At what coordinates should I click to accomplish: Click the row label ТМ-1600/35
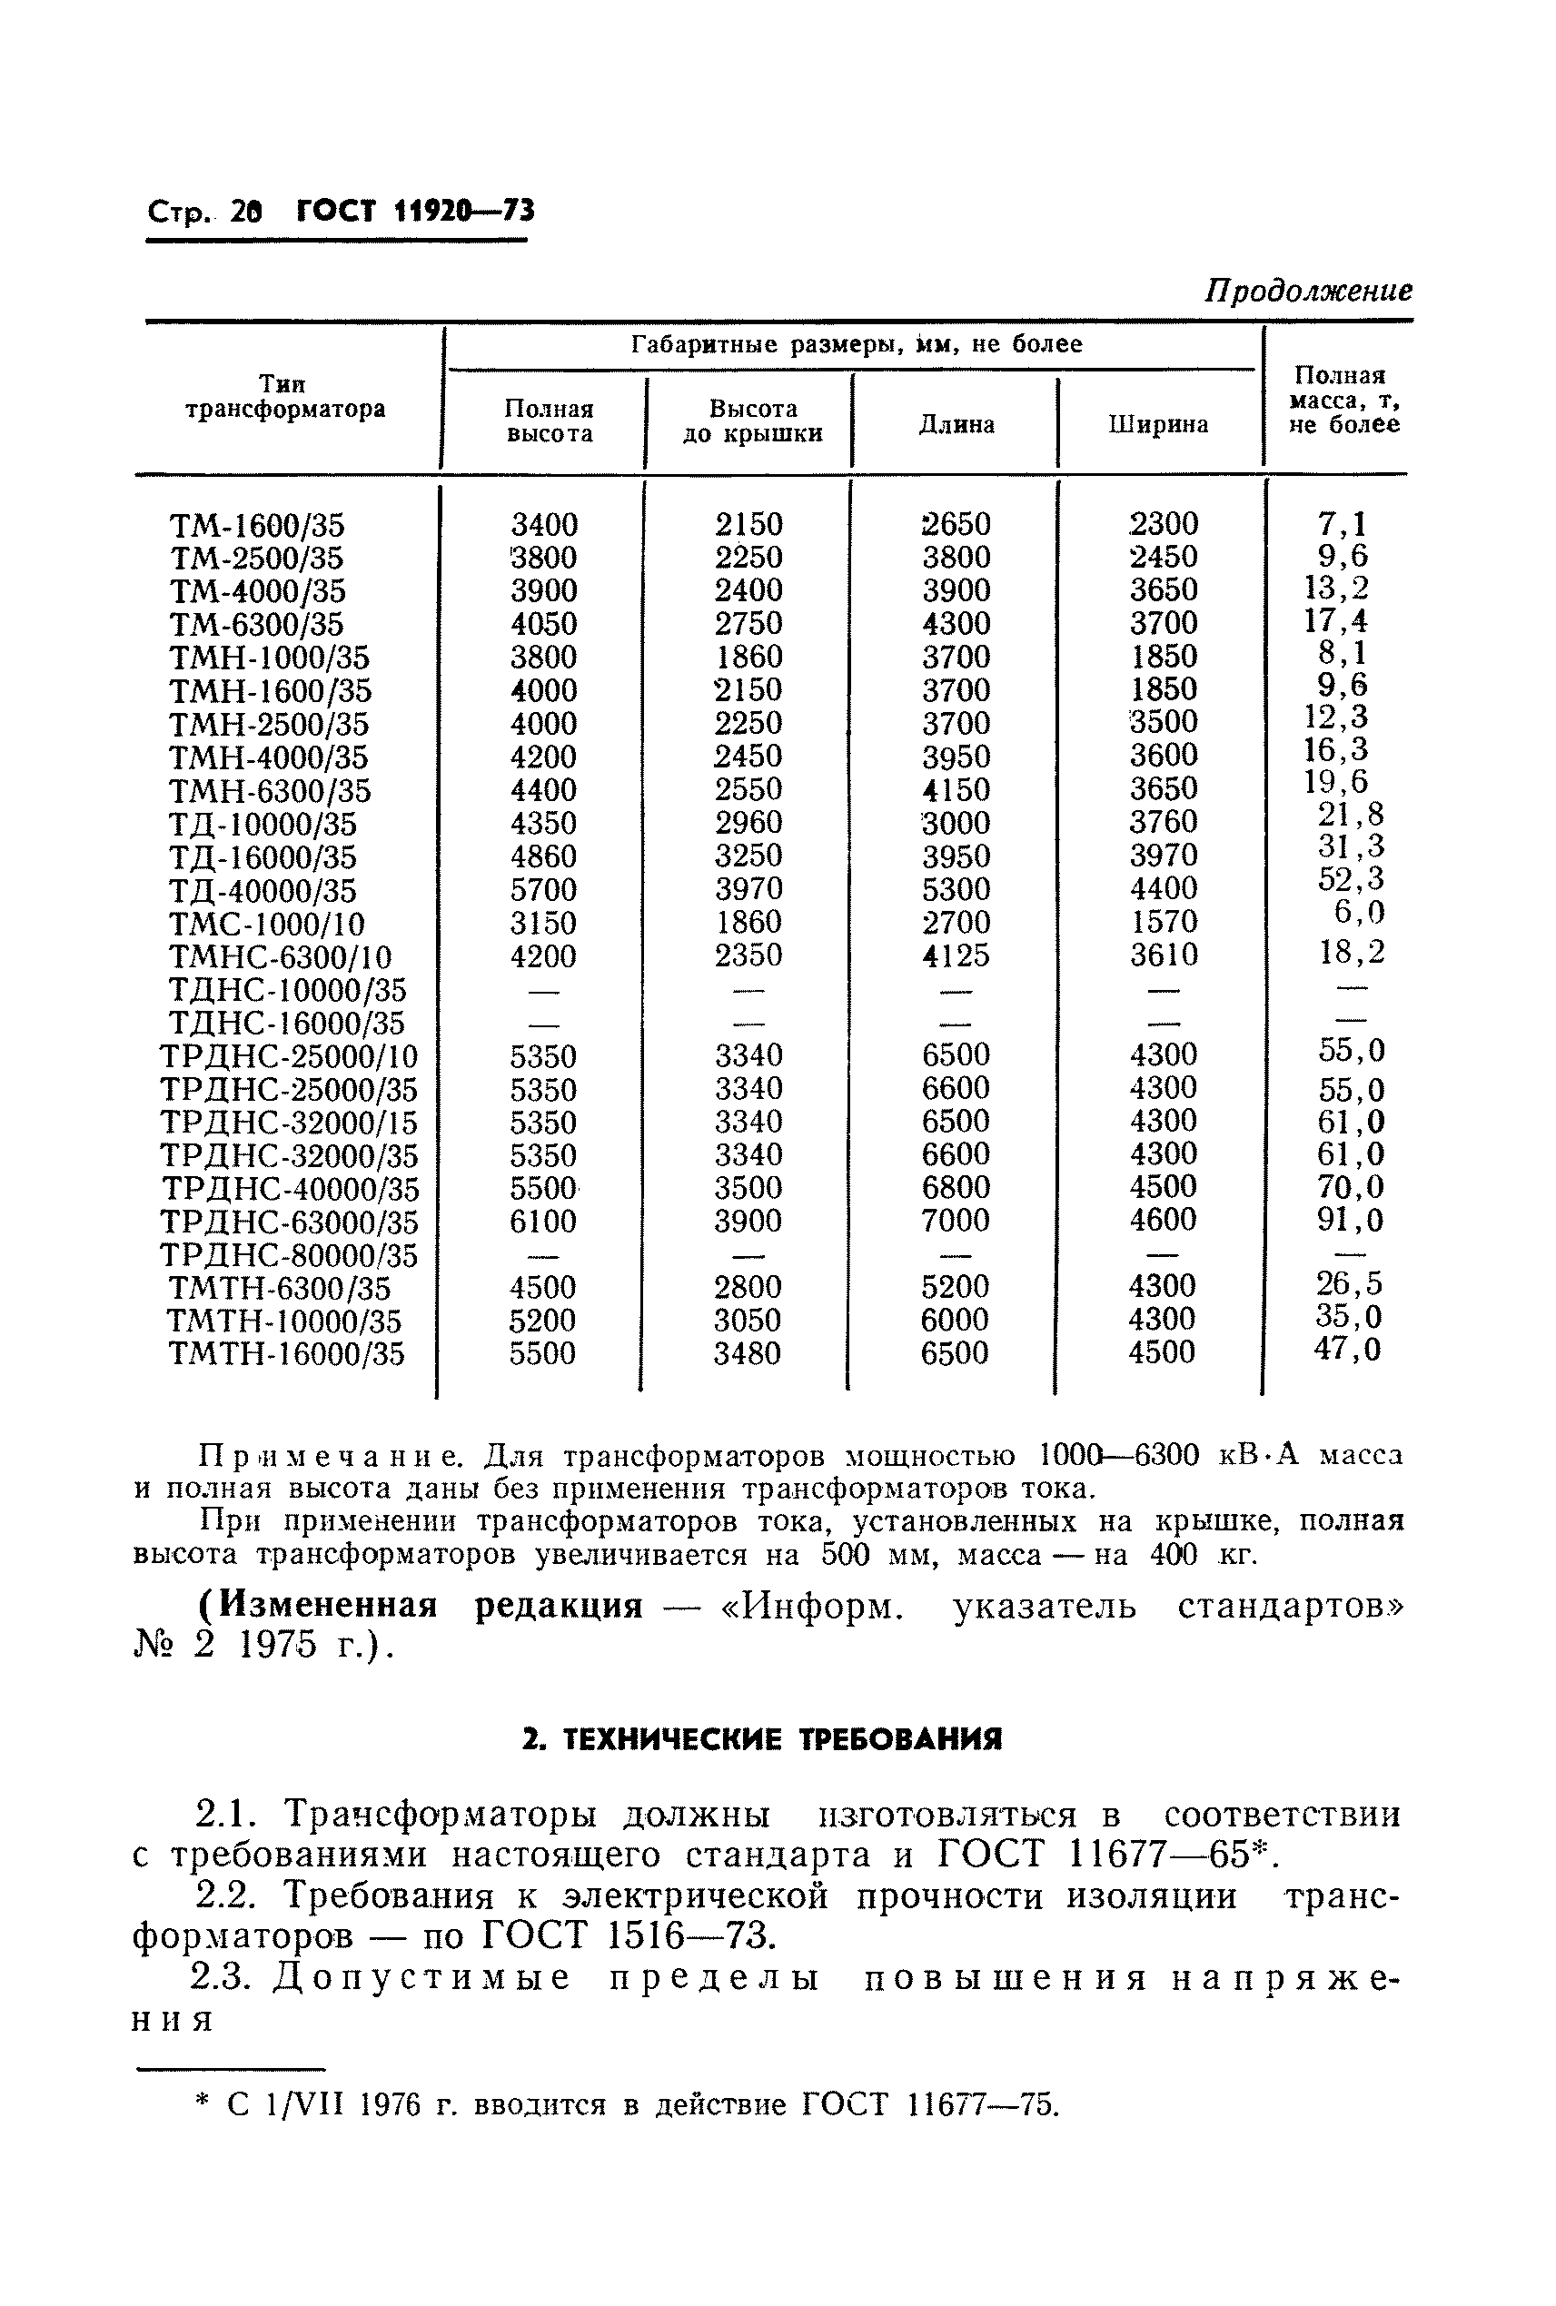tap(257, 526)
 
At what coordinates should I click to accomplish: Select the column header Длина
tap(956, 425)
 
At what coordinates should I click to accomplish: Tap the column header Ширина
tap(1158, 425)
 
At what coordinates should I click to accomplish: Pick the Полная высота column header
tap(548, 421)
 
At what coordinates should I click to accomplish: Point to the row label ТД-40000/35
tap(262, 891)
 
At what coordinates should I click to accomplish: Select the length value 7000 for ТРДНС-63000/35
tap(956, 1221)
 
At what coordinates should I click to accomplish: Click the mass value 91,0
tap(1350, 1220)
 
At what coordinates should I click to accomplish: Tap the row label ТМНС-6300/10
tap(280, 957)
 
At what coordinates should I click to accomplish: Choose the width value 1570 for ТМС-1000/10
tap(1164, 923)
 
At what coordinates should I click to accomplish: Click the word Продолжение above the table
tap(1307, 291)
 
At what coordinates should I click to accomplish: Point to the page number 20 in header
tap(246, 212)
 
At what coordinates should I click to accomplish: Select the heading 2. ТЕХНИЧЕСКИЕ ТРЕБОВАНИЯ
tap(761, 1739)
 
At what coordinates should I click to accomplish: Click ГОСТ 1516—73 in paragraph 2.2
tap(625, 1935)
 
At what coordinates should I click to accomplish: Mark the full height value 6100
tap(543, 1222)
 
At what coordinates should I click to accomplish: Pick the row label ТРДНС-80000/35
tap(289, 1256)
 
